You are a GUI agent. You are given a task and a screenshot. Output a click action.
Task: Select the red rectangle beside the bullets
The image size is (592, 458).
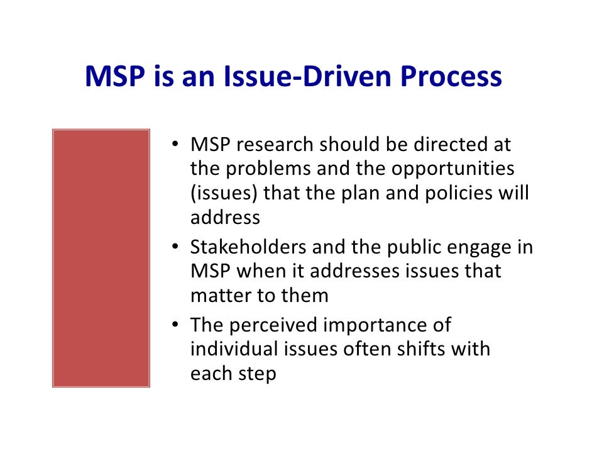[x=101, y=258]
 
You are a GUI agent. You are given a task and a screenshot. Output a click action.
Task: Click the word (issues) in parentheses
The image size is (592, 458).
[x=224, y=193]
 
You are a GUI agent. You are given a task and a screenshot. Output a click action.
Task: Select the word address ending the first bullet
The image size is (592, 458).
[x=225, y=218]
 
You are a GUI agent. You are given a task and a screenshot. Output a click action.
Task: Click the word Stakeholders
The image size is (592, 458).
[x=250, y=247]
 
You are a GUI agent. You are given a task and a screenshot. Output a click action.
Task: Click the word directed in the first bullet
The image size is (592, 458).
[x=448, y=145]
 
